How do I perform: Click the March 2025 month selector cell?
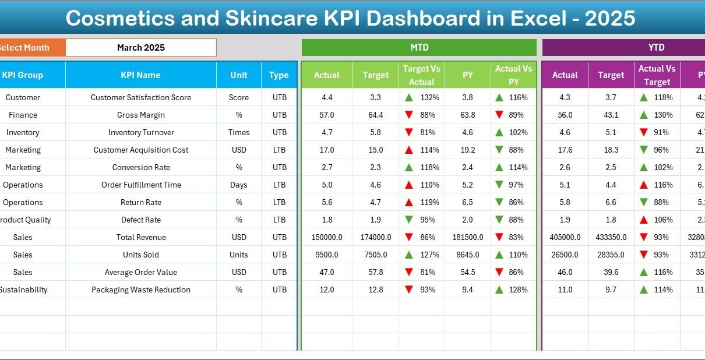click(x=140, y=48)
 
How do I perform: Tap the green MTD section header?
click(x=419, y=48)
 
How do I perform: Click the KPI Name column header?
click(x=140, y=75)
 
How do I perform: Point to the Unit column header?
click(x=238, y=75)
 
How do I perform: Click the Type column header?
click(x=279, y=75)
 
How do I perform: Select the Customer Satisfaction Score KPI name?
click(x=140, y=97)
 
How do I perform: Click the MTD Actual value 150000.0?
click(x=326, y=237)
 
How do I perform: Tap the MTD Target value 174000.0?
click(x=375, y=237)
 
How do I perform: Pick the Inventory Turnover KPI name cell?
click(x=140, y=132)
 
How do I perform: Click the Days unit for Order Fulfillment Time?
click(x=238, y=185)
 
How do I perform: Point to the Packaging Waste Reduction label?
click(x=140, y=290)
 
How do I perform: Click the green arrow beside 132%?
click(x=409, y=97)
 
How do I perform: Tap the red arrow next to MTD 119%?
click(x=409, y=202)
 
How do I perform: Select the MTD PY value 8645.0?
click(x=467, y=255)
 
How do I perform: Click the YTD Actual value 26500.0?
click(x=565, y=255)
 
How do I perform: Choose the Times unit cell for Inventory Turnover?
click(x=238, y=132)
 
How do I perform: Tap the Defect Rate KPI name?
click(x=140, y=220)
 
